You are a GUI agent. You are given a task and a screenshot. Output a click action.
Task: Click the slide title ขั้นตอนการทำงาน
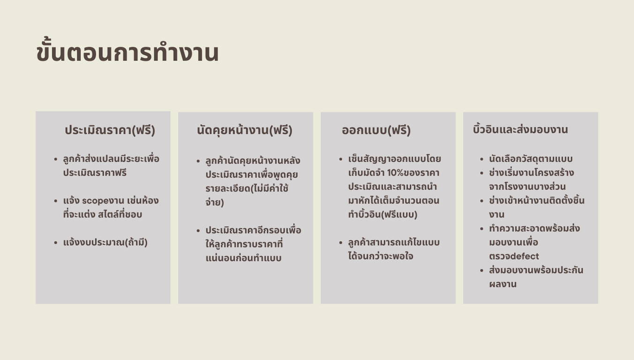pos(128,51)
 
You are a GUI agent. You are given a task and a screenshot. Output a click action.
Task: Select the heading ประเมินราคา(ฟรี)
pos(110,130)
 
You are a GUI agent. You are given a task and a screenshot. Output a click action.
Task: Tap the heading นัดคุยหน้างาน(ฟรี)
pos(244,130)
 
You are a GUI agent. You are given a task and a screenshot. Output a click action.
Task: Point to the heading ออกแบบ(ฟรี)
pos(376,130)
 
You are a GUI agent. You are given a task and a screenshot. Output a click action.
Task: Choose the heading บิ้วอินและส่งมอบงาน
pos(520,129)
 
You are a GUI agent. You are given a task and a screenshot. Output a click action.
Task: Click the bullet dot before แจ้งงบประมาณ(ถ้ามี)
pos(55,243)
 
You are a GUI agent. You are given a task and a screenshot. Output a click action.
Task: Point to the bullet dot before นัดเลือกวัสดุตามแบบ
pos(482,159)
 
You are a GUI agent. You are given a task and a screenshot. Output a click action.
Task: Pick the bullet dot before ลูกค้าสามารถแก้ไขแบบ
pos(340,243)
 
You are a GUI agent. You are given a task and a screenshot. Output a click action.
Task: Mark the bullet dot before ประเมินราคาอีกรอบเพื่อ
pos(198,231)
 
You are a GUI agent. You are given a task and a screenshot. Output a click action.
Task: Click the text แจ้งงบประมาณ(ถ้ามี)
pos(106,242)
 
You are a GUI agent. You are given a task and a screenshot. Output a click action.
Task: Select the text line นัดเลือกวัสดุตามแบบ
pos(531,159)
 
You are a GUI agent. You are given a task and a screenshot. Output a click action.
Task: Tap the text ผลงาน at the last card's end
pos(503,284)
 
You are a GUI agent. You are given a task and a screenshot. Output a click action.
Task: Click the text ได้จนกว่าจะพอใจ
pos(381,256)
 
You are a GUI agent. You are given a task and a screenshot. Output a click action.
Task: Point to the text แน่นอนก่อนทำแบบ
pos(243,258)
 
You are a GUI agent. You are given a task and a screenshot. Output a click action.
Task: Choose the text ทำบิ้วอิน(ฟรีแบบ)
pos(383,214)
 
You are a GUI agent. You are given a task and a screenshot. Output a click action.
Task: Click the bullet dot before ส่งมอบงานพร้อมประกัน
pos(482,270)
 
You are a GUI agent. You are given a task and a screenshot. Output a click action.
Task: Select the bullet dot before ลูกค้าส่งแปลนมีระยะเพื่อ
pos(55,159)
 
